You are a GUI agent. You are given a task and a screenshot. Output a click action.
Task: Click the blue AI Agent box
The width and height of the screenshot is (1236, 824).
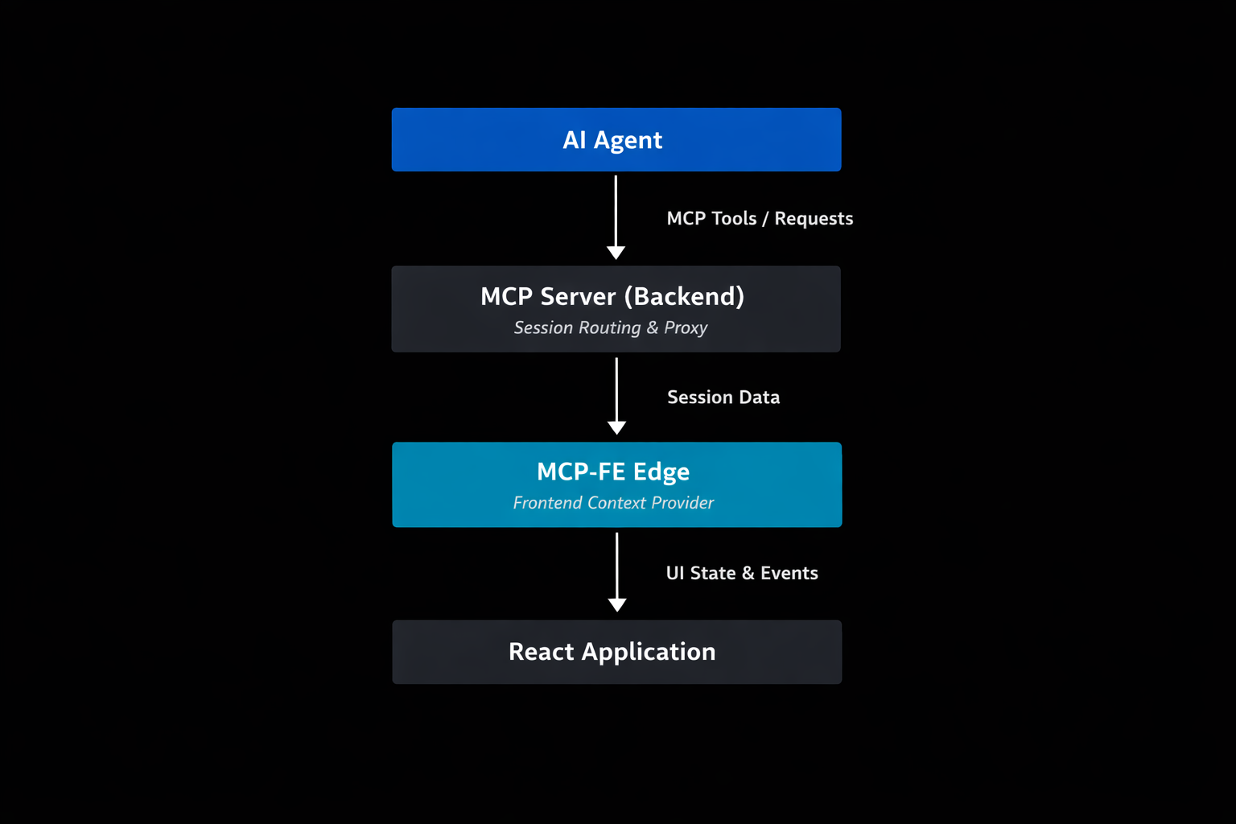616,140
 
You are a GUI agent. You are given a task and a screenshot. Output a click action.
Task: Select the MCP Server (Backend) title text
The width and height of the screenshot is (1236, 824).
612,296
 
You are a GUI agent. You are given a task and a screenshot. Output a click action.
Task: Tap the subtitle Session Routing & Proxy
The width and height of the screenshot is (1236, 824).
611,328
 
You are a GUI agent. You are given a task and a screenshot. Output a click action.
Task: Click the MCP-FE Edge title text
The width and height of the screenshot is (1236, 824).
613,472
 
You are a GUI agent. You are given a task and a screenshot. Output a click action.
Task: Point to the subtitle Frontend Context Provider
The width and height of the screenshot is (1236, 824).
613,503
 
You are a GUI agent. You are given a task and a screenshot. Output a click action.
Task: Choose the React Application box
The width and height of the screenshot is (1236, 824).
616,652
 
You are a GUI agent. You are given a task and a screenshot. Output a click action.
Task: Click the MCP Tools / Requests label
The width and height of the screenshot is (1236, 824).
760,219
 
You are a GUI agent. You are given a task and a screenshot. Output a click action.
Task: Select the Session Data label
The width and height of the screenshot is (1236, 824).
723,398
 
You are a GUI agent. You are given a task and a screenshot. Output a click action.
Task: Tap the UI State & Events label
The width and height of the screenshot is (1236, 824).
742,573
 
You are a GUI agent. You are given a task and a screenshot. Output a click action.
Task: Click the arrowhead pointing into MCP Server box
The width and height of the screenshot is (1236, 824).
616,253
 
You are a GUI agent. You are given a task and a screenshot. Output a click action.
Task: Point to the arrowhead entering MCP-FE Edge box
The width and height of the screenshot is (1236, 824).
617,428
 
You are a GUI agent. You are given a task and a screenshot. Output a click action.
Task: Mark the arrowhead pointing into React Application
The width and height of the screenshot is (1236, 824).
617,605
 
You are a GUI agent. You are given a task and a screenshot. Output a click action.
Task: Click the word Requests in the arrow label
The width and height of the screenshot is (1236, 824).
814,219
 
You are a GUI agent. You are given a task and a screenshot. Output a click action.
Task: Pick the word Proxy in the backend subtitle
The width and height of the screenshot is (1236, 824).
686,328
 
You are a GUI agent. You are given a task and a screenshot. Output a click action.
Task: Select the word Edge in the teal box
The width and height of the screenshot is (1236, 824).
661,472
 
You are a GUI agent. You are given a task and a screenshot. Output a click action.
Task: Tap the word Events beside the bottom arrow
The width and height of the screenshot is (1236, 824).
789,573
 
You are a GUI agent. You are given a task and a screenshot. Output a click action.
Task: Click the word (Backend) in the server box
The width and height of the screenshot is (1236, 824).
684,296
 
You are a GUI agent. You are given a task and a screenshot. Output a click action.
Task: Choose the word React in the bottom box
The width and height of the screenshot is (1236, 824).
542,652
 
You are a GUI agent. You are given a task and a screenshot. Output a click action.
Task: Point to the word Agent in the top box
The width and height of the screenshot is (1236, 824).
628,140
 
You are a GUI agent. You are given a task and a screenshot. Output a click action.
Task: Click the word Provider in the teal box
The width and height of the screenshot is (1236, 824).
682,503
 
